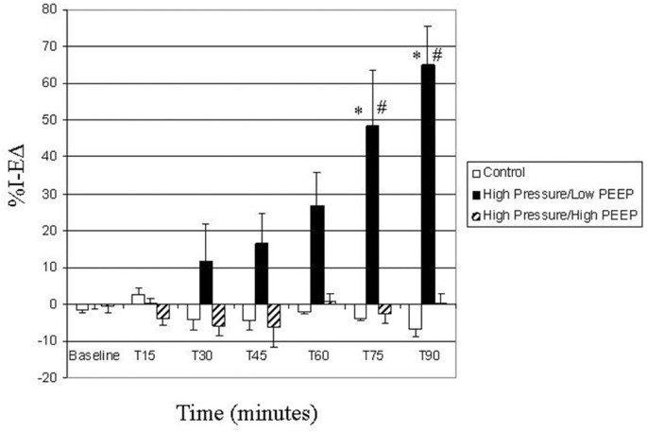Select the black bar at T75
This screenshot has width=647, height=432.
pyautogui.click(x=373, y=215)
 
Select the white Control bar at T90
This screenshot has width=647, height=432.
pyautogui.click(x=414, y=316)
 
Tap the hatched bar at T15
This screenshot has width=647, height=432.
pyautogui.click(x=163, y=311)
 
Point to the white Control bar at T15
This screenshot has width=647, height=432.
pyautogui.click(x=138, y=300)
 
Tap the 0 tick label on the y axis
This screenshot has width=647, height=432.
pyautogui.click(x=58, y=304)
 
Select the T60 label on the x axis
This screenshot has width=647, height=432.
pyautogui.click(x=317, y=356)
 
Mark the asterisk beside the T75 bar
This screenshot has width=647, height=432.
pyautogui.click(x=359, y=112)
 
